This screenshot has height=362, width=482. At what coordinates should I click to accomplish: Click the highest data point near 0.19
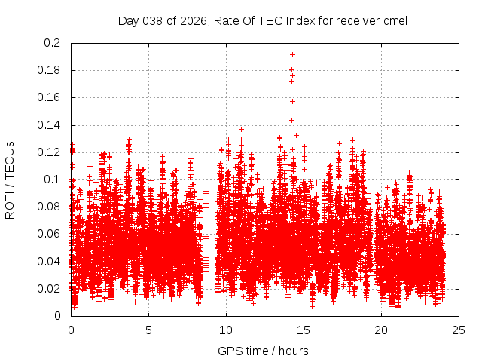point(292,54)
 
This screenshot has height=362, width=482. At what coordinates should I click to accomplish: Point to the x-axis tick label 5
point(148,330)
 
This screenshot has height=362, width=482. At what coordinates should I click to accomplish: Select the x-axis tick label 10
point(226,330)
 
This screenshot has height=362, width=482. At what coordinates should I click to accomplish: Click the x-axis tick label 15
point(304,330)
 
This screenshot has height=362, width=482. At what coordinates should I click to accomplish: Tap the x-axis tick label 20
point(381,330)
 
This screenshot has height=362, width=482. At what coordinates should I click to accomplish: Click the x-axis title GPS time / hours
point(263,351)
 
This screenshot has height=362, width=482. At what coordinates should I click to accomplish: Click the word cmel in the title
point(394,20)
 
